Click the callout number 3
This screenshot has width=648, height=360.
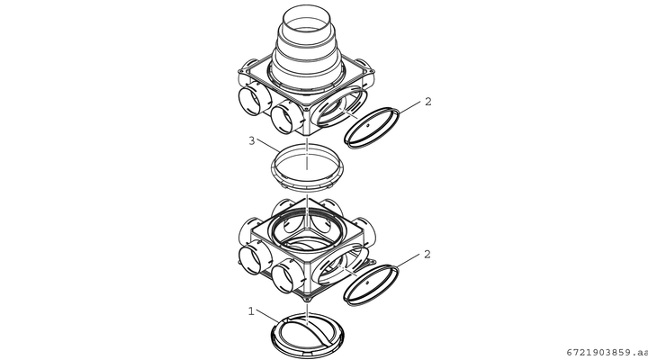point(252,141)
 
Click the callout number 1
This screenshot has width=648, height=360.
point(251,310)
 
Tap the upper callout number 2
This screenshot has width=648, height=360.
point(428,102)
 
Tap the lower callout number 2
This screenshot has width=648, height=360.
point(427,254)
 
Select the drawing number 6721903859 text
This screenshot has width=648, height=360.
point(607,353)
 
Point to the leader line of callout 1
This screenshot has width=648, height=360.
point(267,316)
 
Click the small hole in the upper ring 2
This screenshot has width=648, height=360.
point(367,125)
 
